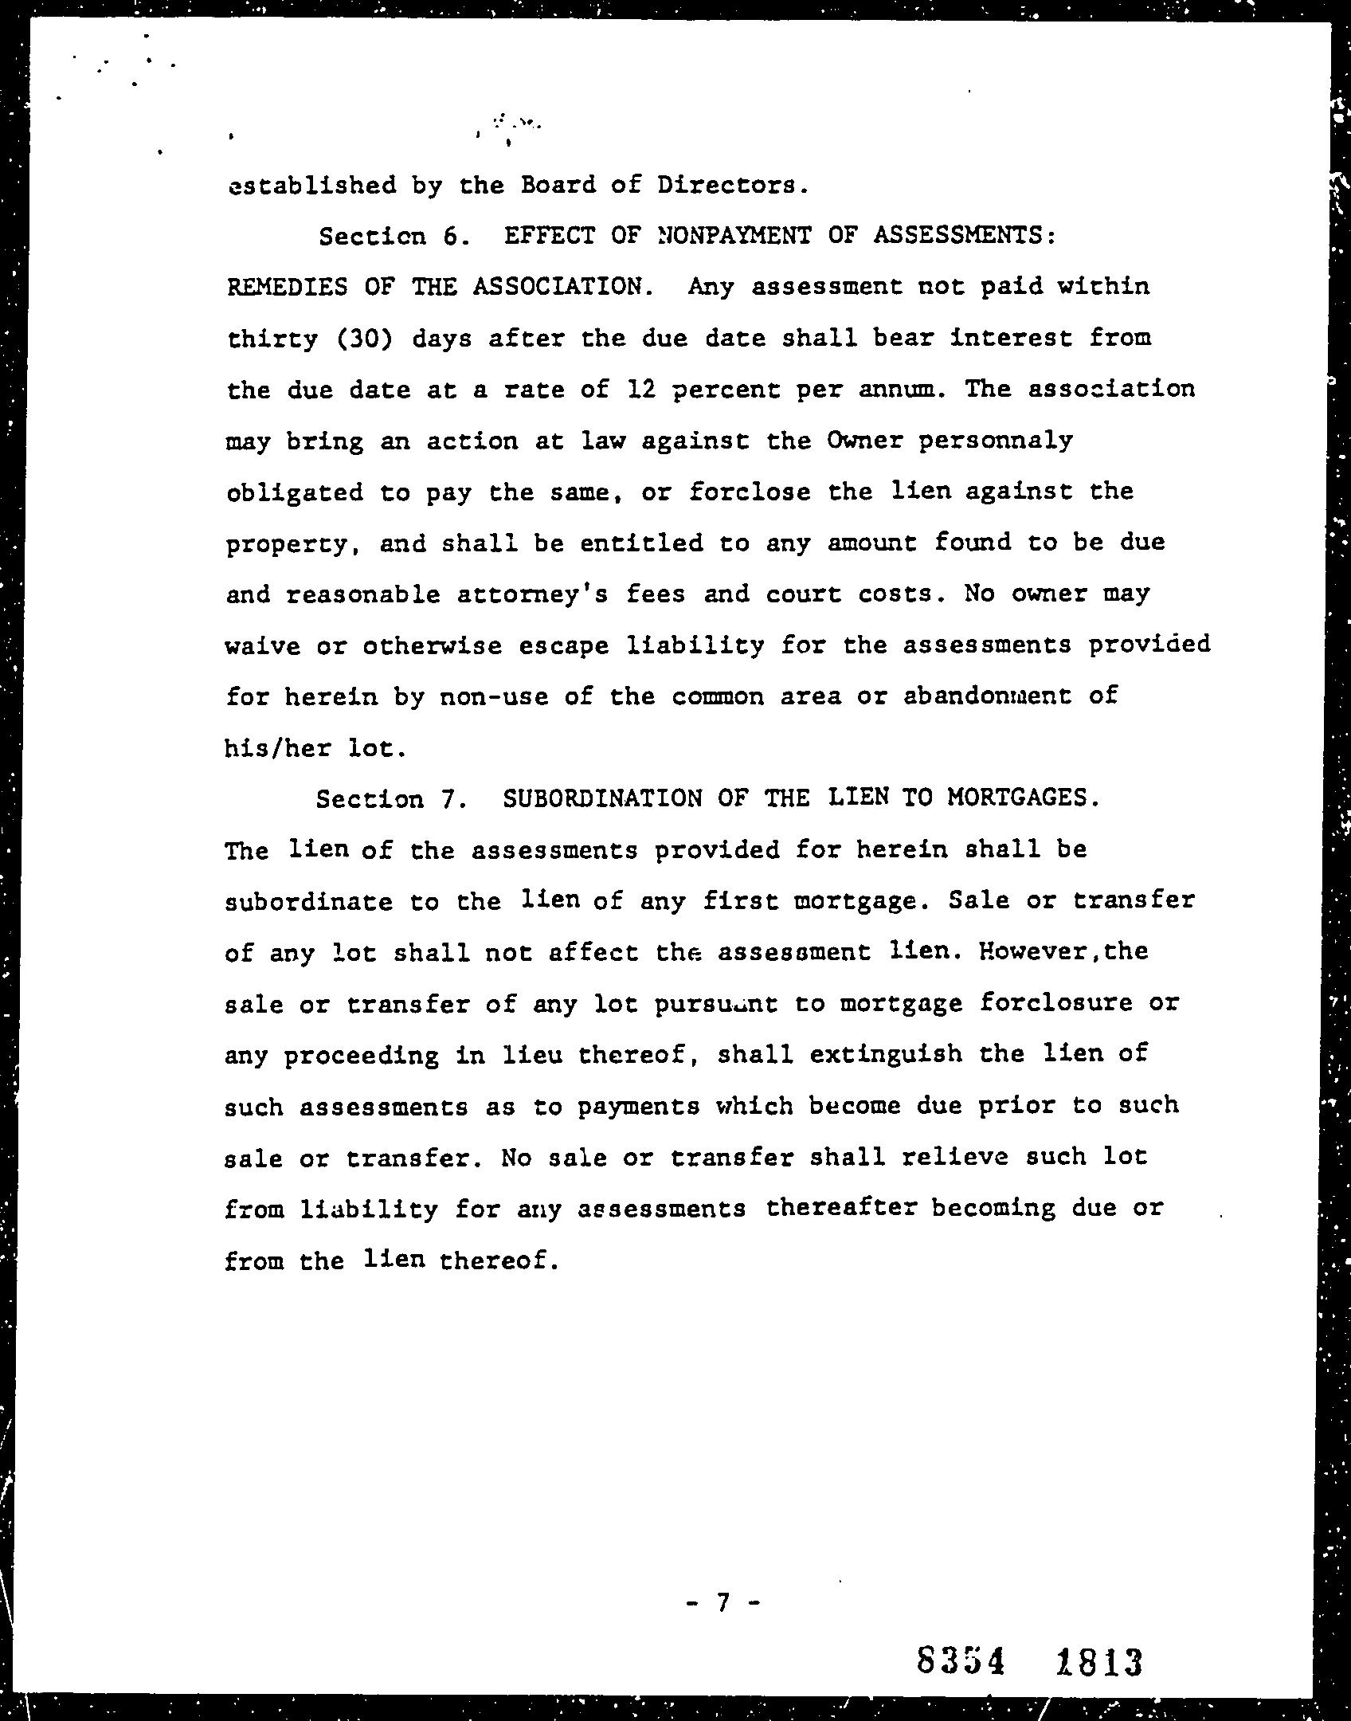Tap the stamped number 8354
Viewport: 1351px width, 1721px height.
tap(960, 1662)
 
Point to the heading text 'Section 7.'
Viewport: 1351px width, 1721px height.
tap(390, 799)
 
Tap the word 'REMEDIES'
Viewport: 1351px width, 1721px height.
tap(288, 286)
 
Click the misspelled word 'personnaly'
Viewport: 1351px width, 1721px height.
tap(995, 441)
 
